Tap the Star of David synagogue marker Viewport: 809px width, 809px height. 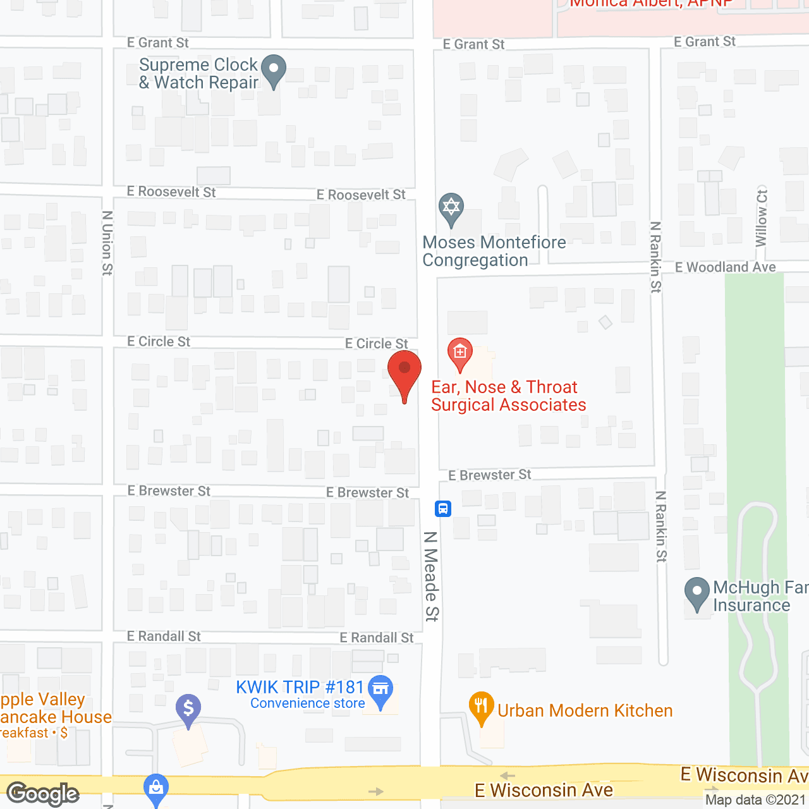451,207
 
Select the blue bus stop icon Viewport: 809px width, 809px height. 443,508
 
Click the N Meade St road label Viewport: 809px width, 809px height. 431,576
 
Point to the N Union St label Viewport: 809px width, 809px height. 107,243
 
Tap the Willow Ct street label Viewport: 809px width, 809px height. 762,218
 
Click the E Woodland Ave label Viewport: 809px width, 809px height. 725,267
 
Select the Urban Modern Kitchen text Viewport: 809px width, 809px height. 585,710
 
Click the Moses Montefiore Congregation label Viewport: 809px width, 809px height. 494,251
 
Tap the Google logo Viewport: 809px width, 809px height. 43,794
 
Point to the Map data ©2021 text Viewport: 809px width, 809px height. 755,800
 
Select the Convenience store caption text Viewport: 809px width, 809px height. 307,703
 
